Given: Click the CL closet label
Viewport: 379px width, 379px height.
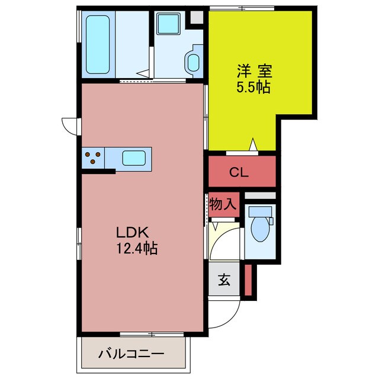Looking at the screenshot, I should point(241,173).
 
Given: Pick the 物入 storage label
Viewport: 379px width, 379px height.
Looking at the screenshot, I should point(223,205).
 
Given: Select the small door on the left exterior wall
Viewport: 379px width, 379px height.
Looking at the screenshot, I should point(69,125).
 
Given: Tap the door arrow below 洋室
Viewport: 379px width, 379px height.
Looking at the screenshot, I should point(253,143).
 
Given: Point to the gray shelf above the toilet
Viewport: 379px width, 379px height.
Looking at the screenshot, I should point(260,195).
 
